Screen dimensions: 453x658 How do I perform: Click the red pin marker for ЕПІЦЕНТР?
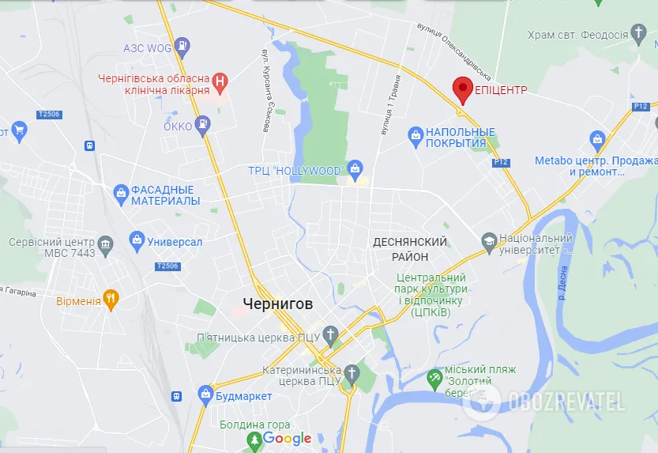[x=462, y=89]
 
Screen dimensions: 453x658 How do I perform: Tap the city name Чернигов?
[x=277, y=304]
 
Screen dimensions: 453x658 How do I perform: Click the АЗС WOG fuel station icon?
[x=182, y=46]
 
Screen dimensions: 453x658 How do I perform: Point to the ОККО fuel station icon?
[x=204, y=124]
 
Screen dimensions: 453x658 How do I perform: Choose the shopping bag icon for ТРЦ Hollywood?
[x=355, y=169]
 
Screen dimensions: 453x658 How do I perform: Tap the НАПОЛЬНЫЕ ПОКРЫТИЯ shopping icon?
[x=415, y=136]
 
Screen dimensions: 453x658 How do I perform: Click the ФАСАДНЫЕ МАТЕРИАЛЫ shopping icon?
[x=121, y=191]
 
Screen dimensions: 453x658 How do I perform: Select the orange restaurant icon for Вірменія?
[x=111, y=300]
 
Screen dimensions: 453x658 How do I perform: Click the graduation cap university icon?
[x=489, y=240]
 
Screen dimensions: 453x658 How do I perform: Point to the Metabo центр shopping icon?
[x=598, y=142]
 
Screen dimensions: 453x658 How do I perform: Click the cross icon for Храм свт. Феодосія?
[x=640, y=34]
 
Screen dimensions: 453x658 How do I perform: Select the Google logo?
[x=287, y=438]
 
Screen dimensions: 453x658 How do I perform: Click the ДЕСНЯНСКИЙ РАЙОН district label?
[x=410, y=249]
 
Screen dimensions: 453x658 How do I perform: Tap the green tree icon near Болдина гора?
[x=254, y=440]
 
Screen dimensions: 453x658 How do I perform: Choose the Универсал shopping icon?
[x=137, y=239]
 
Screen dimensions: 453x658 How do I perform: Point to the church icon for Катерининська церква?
[x=352, y=372]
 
